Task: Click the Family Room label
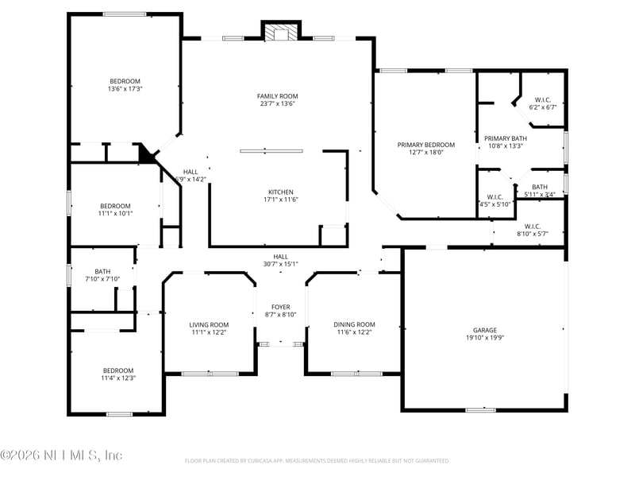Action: point(277,96)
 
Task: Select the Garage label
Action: point(485,330)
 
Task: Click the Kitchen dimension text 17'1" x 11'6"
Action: point(281,200)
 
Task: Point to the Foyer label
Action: point(281,307)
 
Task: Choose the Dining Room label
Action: point(354,324)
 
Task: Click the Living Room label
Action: point(209,324)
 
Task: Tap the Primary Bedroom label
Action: point(426,145)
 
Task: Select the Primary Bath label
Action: point(505,138)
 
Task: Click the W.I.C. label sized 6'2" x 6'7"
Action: point(544,99)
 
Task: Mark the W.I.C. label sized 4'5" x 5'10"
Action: point(495,196)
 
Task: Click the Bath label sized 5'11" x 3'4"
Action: point(540,187)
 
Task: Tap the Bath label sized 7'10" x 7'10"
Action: point(102,271)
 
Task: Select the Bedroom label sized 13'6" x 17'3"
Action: point(125,81)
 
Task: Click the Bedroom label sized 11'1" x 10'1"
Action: point(115,206)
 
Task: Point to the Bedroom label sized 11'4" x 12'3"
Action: point(118,370)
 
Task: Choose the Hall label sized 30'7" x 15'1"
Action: point(281,257)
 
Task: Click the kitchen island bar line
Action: point(271,150)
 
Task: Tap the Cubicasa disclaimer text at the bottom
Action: point(317,460)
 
